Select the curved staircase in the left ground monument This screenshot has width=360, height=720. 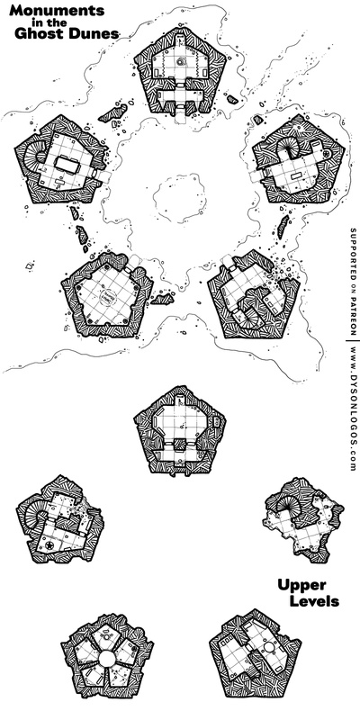pyautogui.click(x=31, y=156)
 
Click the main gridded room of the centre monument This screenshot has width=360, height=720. pyautogui.click(x=179, y=422)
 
